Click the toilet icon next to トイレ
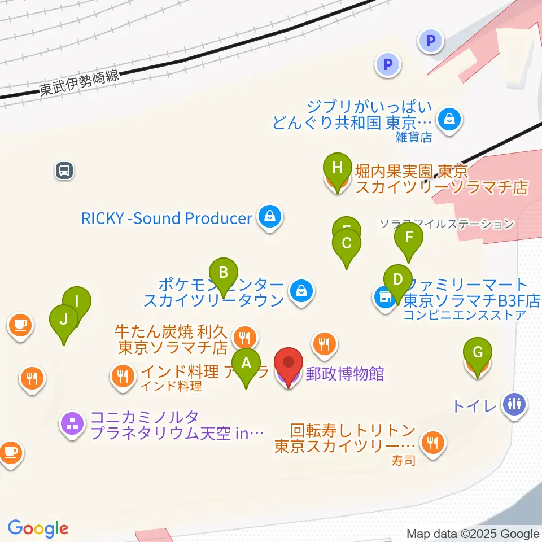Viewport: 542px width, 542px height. [x=514, y=404]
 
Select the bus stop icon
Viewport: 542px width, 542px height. [x=64, y=170]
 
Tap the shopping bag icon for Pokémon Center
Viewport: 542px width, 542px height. [x=301, y=291]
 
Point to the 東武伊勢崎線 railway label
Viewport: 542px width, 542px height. [x=80, y=83]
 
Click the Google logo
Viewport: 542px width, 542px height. [x=38, y=528]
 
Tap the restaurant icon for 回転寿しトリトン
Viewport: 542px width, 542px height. [x=433, y=442]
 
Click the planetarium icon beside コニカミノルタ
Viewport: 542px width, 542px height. [x=72, y=425]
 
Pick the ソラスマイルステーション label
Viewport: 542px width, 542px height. [x=446, y=224]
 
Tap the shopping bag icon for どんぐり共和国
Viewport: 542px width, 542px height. [x=449, y=120]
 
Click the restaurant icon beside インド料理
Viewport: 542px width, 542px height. [x=123, y=374]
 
